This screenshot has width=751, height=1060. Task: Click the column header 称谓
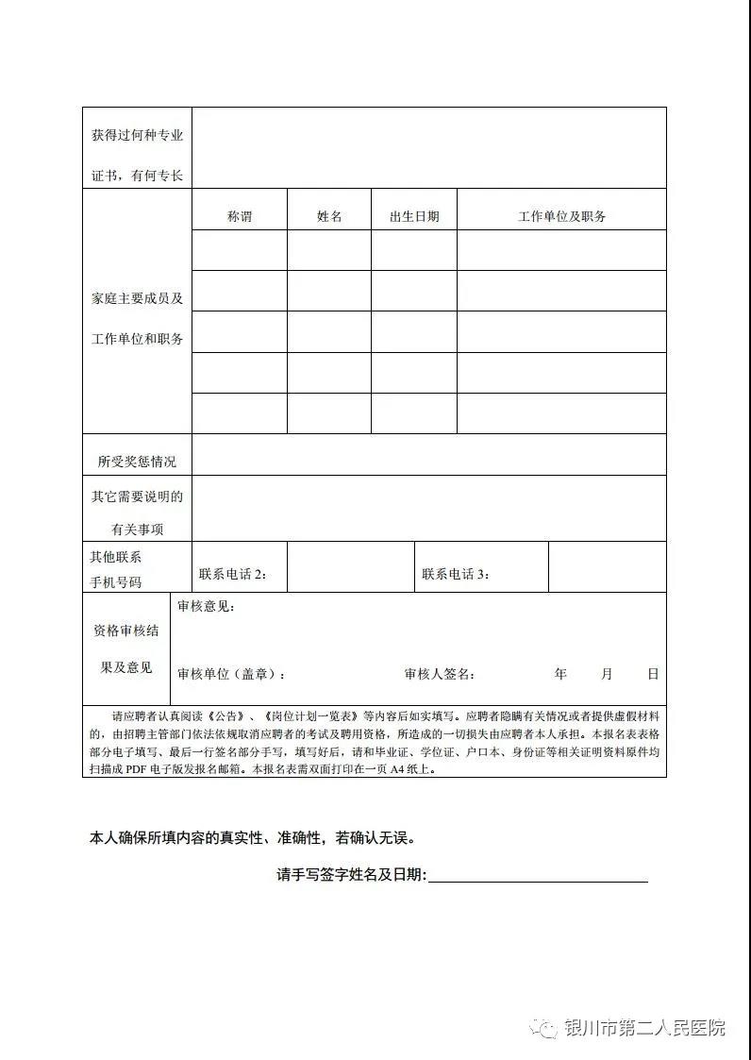click(240, 216)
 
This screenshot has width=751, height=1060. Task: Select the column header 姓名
click(329, 216)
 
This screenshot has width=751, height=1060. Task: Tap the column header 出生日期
click(414, 216)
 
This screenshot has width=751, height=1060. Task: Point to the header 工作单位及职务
click(561, 216)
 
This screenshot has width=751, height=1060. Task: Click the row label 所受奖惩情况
click(137, 462)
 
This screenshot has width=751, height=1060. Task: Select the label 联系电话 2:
click(232, 574)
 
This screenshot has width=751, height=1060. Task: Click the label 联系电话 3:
click(456, 574)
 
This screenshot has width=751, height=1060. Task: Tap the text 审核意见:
click(207, 606)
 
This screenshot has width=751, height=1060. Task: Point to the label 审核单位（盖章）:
click(231, 674)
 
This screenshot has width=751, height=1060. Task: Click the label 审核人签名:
click(440, 674)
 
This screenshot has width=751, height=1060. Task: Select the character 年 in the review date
click(560, 674)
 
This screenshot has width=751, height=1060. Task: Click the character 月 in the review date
click(607, 674)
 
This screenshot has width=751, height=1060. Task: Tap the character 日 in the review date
click(653, 674)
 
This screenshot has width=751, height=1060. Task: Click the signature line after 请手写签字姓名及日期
click(538, 878)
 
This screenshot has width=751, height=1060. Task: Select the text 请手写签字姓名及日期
click(351, 875)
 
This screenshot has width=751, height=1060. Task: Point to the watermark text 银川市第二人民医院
click(644, 1028)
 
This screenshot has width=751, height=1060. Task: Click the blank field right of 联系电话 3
click(607, 567)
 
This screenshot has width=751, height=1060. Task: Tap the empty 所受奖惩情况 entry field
click(428, 455)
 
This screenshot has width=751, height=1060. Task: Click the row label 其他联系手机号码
click(116, 569)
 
